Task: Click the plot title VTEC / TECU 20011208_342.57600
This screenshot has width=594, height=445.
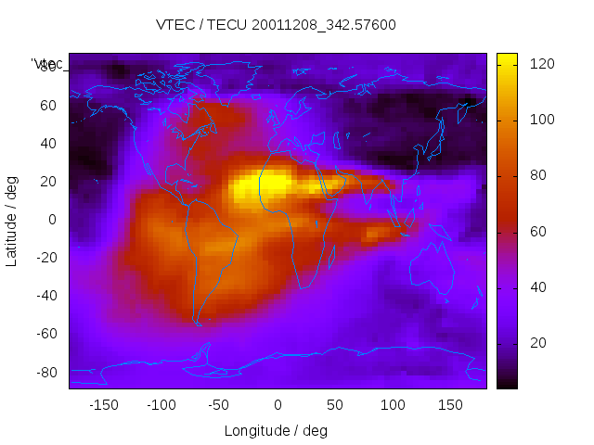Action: [x=276, y=25]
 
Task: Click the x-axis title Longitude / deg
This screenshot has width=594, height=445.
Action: [x=276, y=431]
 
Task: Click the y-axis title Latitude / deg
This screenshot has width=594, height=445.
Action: [x=12, y=220]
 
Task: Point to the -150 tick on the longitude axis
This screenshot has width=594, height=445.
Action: [x=103, y=405]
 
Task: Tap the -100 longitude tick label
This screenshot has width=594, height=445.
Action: [x=161, y=405]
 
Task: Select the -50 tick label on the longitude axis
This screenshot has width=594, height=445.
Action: [x=219, y=405]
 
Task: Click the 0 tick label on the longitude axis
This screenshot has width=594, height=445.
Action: [x=277, y=405]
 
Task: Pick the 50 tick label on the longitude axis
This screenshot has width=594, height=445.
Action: [x=334, y=405]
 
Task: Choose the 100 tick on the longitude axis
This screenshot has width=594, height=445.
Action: [x=393, y=405]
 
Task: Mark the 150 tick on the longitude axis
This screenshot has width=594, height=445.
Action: [x=450, y=405]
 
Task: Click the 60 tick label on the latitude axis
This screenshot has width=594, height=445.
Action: [x=47, y=106]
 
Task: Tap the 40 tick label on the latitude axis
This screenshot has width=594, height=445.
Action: [x=47, y=144]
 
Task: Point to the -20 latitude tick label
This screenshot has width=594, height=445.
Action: [x=45, y=258]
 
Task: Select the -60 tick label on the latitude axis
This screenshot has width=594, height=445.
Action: [x=45, y=334]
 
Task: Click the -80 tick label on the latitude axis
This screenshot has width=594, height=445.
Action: [x=45, y=372]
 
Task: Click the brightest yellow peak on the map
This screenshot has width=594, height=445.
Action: [x=269, y=185]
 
